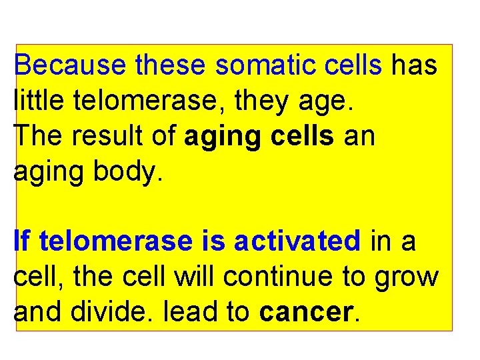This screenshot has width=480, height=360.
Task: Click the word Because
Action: click(x=71, y=65)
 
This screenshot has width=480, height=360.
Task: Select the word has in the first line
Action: click(x=414, y=65)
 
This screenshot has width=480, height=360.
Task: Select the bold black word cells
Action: click(x=303, y=136)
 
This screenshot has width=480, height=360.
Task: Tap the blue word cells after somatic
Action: click(x=353, y=65)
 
